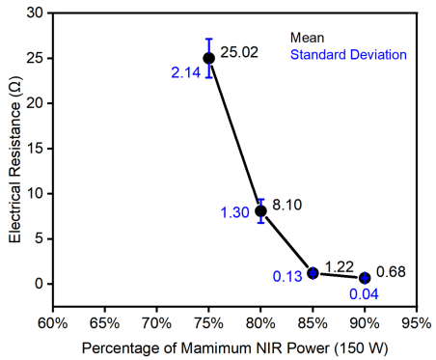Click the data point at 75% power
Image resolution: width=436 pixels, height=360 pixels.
[x=209, y=59]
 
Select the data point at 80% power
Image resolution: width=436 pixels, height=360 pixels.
[x=260, y=211]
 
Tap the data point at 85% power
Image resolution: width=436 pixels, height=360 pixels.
[x=313, y=273]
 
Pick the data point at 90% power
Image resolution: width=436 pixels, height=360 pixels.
[x=365, y=278]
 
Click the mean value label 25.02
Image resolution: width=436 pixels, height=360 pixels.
[x=239, y=52]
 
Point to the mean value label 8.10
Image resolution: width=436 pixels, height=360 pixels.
[x=287, y=205]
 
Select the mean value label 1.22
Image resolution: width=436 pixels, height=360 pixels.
[x=340, y=266]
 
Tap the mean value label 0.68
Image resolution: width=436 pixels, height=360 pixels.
[x=391, y=272]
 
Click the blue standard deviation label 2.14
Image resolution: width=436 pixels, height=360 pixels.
[x=186, y=72]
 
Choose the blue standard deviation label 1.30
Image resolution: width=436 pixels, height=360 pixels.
[x=235, y=212]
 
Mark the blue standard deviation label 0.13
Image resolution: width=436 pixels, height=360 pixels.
[x=287, y=276]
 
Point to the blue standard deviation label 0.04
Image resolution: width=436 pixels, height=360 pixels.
[x=364, y=294]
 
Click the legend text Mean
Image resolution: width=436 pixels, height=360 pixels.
[x=307, y=38]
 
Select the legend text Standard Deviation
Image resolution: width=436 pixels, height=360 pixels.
[x=348, y=55]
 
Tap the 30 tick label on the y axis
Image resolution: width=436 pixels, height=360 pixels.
[x=35, y=14]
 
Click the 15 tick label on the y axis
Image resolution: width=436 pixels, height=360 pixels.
[x=35, y=149]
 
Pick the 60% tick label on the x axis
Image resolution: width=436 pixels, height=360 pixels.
[x=53, y=323]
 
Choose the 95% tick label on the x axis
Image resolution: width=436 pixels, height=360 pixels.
[x=417, y=323]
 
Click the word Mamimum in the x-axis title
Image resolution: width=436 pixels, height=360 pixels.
[x=215, y=348]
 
